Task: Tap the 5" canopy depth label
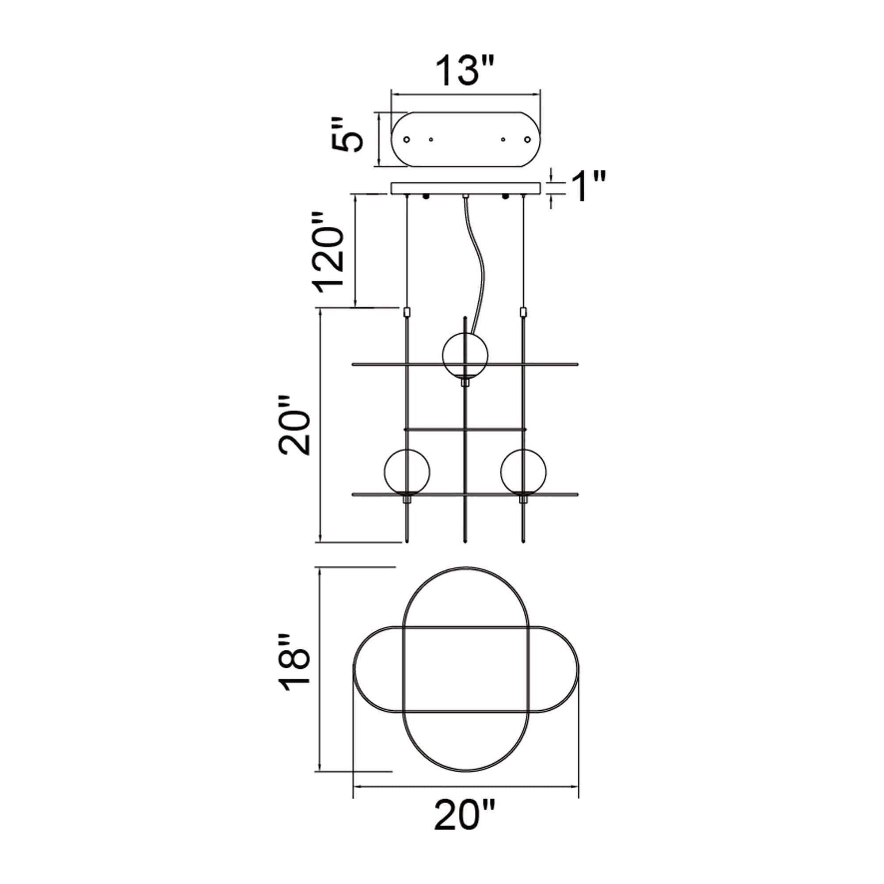[348, 134]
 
